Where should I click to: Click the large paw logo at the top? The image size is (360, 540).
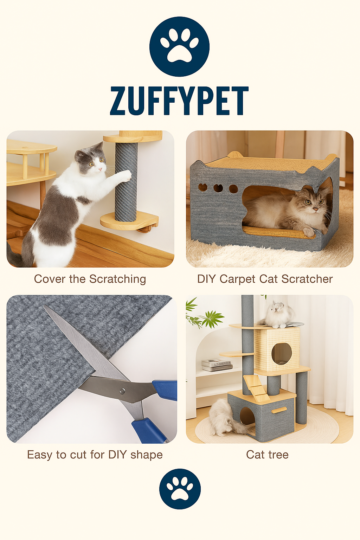[179, 46]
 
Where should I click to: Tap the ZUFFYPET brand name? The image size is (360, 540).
[179, 101]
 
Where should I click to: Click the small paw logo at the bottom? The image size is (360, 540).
[180, 489]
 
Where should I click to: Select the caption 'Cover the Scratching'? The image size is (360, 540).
[90, 279]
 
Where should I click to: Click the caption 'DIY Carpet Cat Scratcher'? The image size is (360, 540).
[265, 279]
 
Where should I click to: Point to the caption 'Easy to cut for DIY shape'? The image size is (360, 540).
[95, 455]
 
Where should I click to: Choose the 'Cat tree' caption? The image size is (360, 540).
[267, 455]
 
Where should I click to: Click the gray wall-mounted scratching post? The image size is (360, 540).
[126, 181]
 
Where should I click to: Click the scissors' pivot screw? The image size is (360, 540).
[122, 390]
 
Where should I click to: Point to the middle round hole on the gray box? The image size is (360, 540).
[218, 188]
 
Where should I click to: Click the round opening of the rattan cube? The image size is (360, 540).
[281, 353]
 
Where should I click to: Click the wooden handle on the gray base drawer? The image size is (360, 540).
[279, 410]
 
